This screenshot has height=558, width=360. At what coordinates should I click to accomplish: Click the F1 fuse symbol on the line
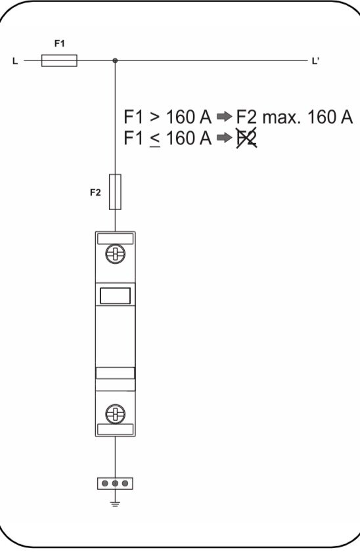[x=59, y=60]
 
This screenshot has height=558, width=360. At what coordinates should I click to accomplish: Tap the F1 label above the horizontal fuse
[x=60, y=43]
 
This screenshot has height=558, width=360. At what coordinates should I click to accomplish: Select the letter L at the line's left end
[x=15, y=61]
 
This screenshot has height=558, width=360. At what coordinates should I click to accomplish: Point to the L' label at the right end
[x=315, y=61]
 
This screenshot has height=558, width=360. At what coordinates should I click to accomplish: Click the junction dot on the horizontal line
[x=115, y=60]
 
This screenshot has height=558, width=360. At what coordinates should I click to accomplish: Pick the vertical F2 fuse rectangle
[x=115, y=192]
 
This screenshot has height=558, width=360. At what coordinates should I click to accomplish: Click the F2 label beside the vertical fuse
[x=95, y=192]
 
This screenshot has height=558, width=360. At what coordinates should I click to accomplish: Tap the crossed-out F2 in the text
[x=247, y=138]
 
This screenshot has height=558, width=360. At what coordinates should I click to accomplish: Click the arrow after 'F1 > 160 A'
[x=224, y=117]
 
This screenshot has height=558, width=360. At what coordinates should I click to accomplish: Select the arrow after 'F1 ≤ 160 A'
[x=224, y=138]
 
